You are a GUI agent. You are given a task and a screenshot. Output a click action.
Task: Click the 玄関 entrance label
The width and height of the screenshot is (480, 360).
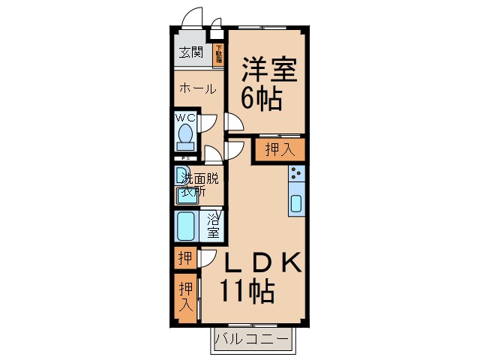[x=191, y=52]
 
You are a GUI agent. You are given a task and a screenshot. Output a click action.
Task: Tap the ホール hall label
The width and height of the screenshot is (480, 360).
[x=197, y=88]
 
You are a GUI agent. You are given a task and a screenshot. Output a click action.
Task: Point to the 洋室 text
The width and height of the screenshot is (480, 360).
[x=269, y=70]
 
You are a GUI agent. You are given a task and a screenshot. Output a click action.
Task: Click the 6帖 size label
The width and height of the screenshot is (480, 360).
[x=261, y=98]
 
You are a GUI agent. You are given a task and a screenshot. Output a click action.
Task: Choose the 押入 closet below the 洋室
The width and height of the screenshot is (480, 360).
[x=279, y=150]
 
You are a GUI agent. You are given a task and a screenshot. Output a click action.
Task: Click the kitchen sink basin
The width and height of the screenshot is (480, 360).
[x=296, y=203]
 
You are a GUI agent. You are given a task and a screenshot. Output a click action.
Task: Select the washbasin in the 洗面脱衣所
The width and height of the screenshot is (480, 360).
[x=185, y=193]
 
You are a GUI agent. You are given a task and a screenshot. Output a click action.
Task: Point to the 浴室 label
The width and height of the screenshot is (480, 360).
[x=214, y=226]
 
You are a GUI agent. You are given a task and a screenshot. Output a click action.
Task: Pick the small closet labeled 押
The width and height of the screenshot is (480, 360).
[x=184, y=259]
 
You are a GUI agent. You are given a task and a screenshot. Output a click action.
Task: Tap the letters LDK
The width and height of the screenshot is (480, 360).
[x=259, y=262]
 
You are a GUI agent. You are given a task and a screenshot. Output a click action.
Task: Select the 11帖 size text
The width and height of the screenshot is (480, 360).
[x=246, y=290]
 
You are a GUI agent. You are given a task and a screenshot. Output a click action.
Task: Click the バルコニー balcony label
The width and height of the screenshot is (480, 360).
[x=252, y=340]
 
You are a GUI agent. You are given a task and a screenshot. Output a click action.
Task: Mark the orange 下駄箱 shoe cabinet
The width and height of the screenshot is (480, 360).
[x=219, y=55]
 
